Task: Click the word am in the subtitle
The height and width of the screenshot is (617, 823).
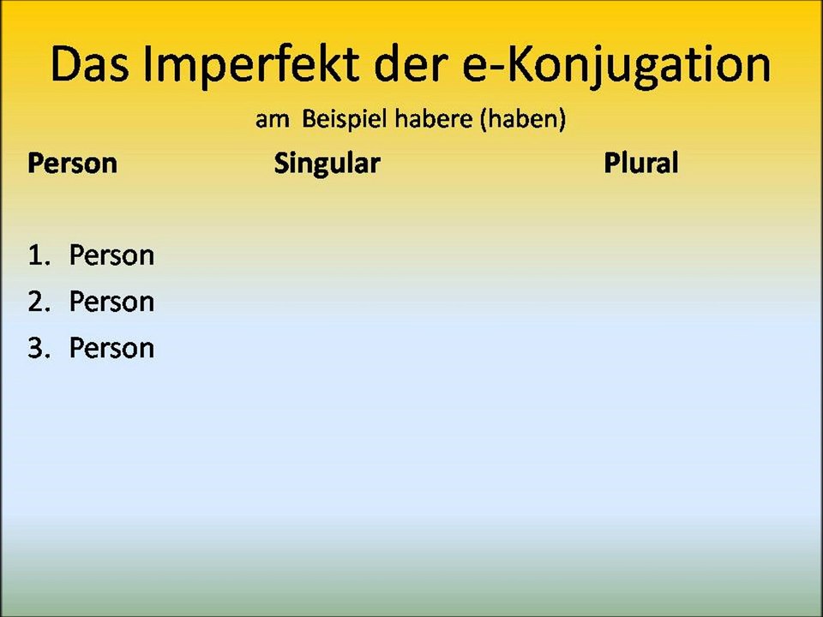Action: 272,119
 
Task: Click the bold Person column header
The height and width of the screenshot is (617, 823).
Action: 72,163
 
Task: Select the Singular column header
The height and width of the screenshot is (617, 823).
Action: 327,163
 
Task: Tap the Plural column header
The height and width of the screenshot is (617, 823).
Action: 640,163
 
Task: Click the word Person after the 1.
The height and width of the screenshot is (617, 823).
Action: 111,255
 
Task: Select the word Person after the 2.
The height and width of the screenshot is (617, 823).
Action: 111,302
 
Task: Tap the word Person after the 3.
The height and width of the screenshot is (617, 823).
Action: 111,348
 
